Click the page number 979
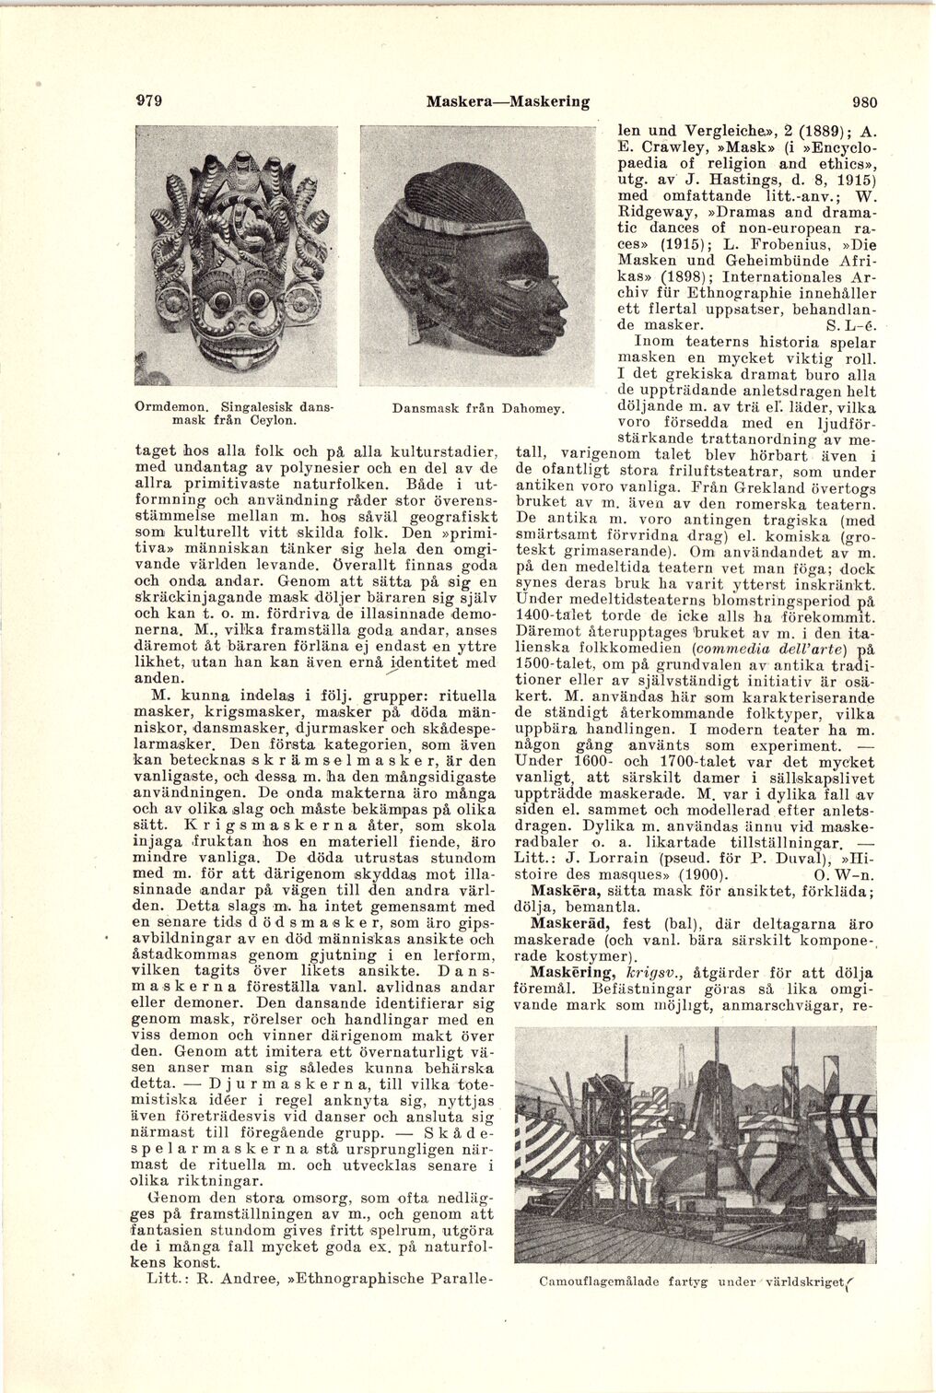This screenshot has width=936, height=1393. click(148, 101)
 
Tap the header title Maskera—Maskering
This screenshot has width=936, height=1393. click(508, 101)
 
